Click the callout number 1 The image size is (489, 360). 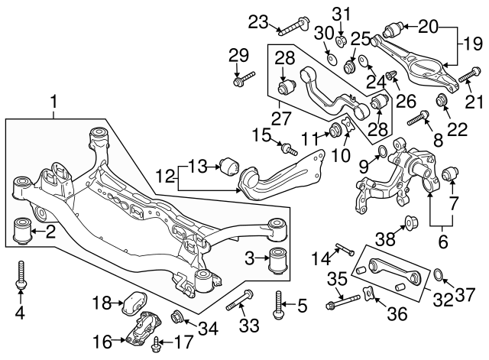tap(53, 101)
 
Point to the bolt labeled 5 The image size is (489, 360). tap(278, 305)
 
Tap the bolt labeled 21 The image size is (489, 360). tap(468, 76)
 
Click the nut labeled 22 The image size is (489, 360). tap(442, 102)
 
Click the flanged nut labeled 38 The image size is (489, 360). tap(410, 223)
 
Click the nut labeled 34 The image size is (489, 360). tap(178, 315)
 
